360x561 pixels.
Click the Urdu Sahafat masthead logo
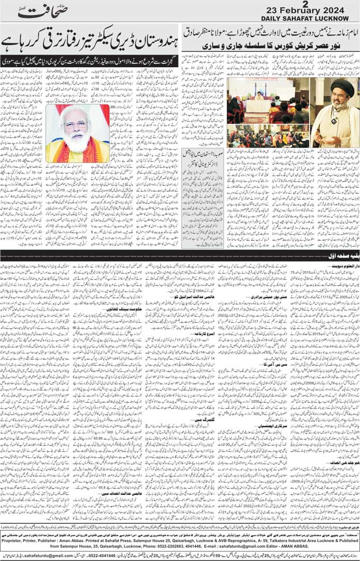tap(40, 11)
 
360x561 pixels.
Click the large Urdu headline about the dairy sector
tap(89, 41)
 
